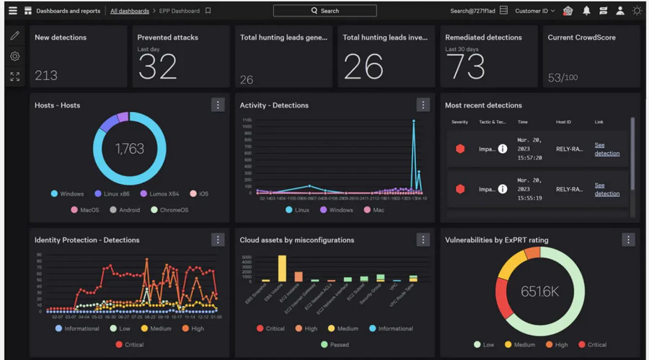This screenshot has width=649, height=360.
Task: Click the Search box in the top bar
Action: [324, 11]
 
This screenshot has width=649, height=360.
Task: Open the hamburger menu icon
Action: [12, 11]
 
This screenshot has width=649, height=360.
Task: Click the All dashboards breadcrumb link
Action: [130, 11]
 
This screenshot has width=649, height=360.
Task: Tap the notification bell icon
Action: [586, 11]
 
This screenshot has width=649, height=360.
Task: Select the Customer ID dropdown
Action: [535, 11]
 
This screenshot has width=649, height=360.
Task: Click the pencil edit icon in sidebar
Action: [15, 35]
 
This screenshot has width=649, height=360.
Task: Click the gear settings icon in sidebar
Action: [15, 56]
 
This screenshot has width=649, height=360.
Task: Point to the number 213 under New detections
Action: [46, 75]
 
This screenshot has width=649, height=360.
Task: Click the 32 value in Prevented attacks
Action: [157, 67]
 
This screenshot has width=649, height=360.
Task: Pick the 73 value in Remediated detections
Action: [465, 67]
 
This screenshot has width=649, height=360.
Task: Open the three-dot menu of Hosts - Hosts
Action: [218, 105]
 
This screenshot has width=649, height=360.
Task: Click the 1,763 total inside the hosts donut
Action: [130, 149]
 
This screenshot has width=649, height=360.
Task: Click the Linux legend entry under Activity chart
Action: [298, 210]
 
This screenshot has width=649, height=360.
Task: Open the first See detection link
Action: [606, 149]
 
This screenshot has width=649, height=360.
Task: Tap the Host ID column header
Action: [564, 122]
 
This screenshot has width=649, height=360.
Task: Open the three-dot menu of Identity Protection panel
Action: [218, 240]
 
